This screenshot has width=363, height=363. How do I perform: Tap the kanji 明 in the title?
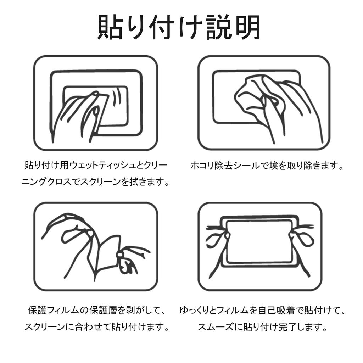click(248, 27)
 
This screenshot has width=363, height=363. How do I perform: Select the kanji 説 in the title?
click(219, 27)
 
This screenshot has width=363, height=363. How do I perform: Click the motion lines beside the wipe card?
click(117, 97)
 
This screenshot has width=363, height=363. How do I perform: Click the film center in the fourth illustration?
click(258, 241)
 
